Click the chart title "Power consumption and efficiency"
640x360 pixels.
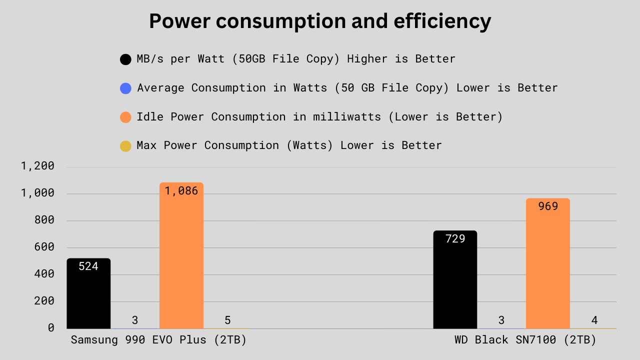tap(320, 21)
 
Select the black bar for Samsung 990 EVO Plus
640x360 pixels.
tap(88, 295)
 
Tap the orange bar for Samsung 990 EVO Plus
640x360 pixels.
tap(181, 260)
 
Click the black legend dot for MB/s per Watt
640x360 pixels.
tap(125, 59)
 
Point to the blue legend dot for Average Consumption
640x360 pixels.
tap(125, 88)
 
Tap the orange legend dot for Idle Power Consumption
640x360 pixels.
tap(125, 117)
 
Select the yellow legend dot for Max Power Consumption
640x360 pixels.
tap(125, 146)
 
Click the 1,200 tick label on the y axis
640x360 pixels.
tap(37, 166)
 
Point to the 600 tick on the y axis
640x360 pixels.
tap(44, 247)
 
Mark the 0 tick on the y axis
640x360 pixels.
tap(51, 328)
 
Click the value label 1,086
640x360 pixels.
tap(181, 190)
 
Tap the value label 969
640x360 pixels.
tap(548, 206)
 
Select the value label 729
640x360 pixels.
tap(455, 238)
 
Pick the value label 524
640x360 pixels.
tap(88, 266)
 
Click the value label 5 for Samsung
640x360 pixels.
tap(227, 320)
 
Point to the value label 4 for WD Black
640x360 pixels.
tap(594, 320)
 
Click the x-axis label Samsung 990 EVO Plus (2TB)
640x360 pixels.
tap(158, 340)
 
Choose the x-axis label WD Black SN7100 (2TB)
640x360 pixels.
tap(525, 340)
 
